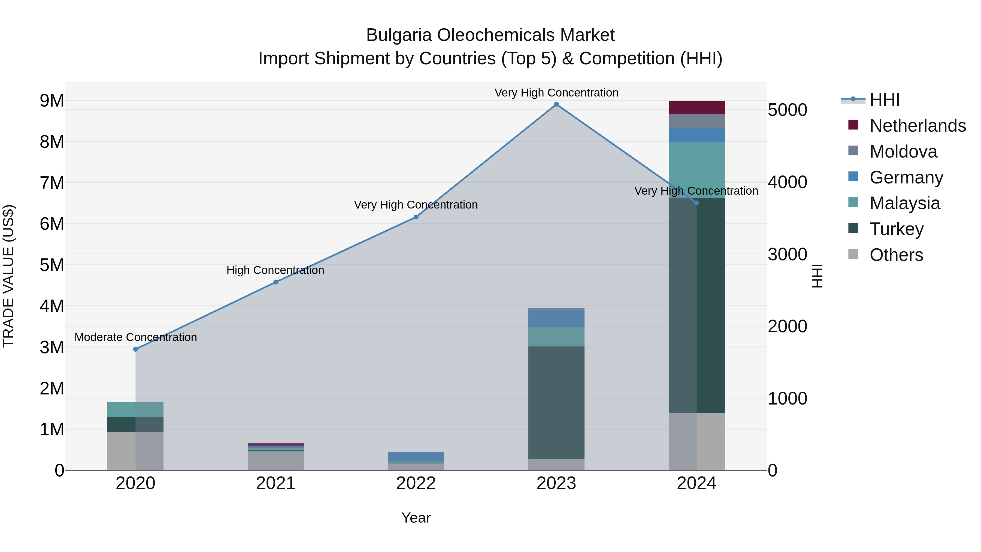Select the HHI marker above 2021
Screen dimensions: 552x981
(x=276, y=282)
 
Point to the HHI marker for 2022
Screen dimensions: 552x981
(x=416, y=217)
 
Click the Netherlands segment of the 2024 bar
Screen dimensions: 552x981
(x=697, y=108)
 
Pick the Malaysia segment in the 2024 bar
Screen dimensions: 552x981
(x=697, y=170)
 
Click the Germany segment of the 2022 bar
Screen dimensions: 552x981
(x=416, y=456)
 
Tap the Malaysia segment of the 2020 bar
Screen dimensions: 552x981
(x=136, y=409)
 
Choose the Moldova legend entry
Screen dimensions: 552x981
(x=903, y=152)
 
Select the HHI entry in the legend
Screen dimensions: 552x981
(x=885, y=100)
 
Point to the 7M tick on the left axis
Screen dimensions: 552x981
(x=52, y=183)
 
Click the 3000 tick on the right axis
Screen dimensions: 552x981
(x=787, y=255)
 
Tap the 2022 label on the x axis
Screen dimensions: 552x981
(x=416, y=483)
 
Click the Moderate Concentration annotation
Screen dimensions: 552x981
(x=136, y=337)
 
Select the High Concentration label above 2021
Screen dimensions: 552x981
(x=275, y=270)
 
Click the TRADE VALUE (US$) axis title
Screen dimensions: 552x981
(x=8, y=276)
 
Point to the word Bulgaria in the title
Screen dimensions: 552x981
(x=399, y=35)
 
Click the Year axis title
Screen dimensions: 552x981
(x=416, y=518)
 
